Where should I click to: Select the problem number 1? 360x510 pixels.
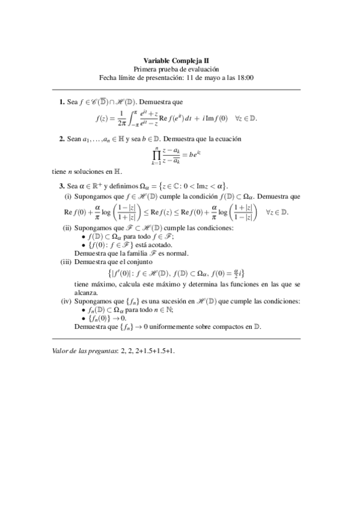(61, 103)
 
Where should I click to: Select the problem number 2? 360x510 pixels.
(61, 139)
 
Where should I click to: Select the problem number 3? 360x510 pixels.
(61, 185)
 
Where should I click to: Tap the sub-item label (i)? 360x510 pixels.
(68, 196)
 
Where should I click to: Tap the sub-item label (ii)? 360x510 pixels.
(67, 228)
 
